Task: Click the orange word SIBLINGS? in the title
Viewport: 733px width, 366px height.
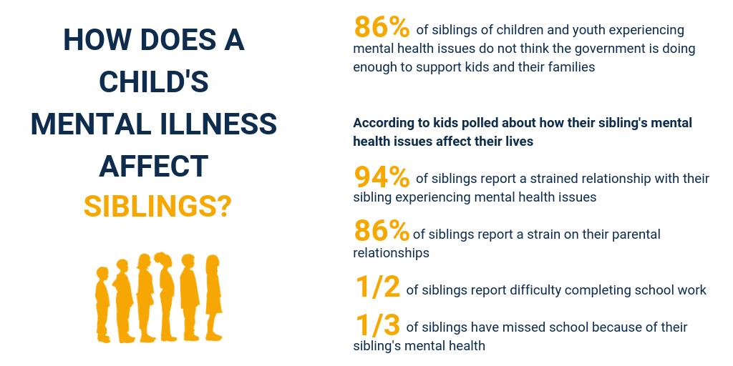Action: point(157,207)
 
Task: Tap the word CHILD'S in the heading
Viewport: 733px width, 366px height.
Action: point(154,82)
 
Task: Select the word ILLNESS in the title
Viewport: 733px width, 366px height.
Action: point(218,124)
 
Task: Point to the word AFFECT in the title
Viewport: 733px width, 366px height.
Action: point(153,166)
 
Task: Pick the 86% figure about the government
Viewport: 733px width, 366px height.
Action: point(382,28)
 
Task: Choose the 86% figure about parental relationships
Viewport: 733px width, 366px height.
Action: point(382,232)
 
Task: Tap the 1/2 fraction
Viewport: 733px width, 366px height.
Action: point(378,287)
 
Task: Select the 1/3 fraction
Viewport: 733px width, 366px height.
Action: point(378,325)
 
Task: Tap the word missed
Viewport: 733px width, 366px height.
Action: point(523,327)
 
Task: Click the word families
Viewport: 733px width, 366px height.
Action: point(569,67)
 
